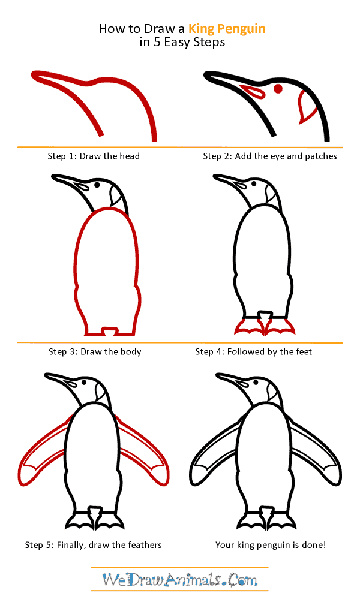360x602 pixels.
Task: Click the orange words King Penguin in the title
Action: (227, 28)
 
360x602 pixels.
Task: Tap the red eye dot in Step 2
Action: (278, 89)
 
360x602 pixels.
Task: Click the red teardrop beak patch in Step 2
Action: (253, 91)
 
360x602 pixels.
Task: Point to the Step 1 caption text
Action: (94, 156)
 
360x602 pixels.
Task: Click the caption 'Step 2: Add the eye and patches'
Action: (269, 156)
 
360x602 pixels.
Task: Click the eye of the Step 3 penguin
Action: (97, 185)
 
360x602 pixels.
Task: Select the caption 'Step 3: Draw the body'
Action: (94, 352)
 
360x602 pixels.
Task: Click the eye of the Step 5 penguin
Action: (85, 382)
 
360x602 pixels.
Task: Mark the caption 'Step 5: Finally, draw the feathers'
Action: (93, 545)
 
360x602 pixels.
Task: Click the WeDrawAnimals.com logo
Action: (179, 580)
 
